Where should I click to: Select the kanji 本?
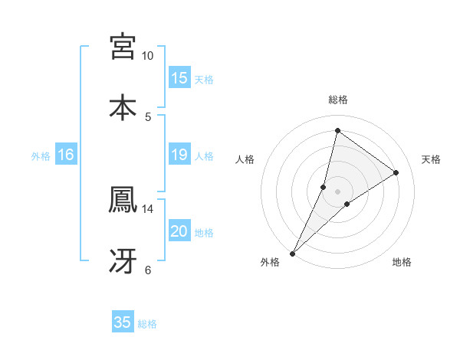(123, 106)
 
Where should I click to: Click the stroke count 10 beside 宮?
(148, 56)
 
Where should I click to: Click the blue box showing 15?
(179, 78)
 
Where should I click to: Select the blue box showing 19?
(179, 155)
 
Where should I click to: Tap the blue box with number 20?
(179, 231)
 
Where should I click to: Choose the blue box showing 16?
(66, 155)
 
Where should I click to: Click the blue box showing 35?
(123, 322)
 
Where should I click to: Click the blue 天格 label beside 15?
(204, 80)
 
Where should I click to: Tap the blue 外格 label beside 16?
(41, 156)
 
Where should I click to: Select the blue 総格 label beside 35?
(147, 324)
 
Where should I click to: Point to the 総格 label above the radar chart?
(338, 100)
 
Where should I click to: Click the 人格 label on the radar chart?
(245, 159)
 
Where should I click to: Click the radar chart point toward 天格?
(396, 172)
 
